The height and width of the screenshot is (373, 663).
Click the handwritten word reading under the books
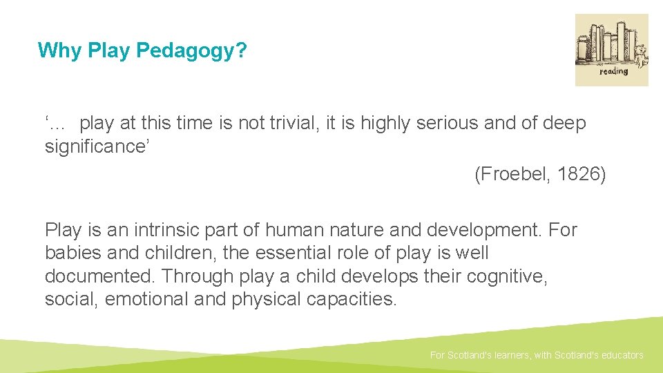(x=613, y=71)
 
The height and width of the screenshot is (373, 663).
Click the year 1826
(x=579, y=175)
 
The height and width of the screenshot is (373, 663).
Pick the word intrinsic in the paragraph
(x=145, y=229)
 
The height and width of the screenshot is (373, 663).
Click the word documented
(x=101, y=276)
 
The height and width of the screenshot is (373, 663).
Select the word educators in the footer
(x=619, y=355)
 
